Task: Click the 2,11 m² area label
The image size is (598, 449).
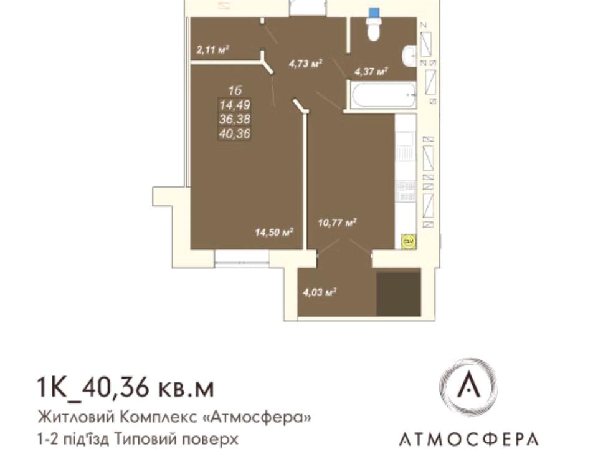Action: (x=212, y=50)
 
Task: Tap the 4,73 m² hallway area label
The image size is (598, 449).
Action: (x=305, y=64)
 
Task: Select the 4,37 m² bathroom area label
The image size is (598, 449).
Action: (x=371, y=71)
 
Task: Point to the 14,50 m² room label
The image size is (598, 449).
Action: (x=274, y=232)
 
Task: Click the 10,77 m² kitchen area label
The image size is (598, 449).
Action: (x=337, y=222)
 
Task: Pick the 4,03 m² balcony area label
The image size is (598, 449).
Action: (x=319, y=293)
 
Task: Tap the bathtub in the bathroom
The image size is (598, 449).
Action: (x=384, y=95)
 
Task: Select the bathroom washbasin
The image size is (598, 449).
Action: (x=409, y=57)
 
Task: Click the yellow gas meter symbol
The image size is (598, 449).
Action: (x=409, y=241)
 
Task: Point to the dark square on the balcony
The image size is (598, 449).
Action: (x=399, y=294)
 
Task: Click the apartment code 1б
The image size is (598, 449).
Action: (x=235, y=91)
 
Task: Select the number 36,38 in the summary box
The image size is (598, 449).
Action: (x=235, y=119)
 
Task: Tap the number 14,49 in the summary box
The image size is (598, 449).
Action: (x=235, y=105)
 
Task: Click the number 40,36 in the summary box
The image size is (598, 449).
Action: (x=235, y=133)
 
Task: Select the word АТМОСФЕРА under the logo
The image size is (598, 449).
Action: (x=468, y=439)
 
